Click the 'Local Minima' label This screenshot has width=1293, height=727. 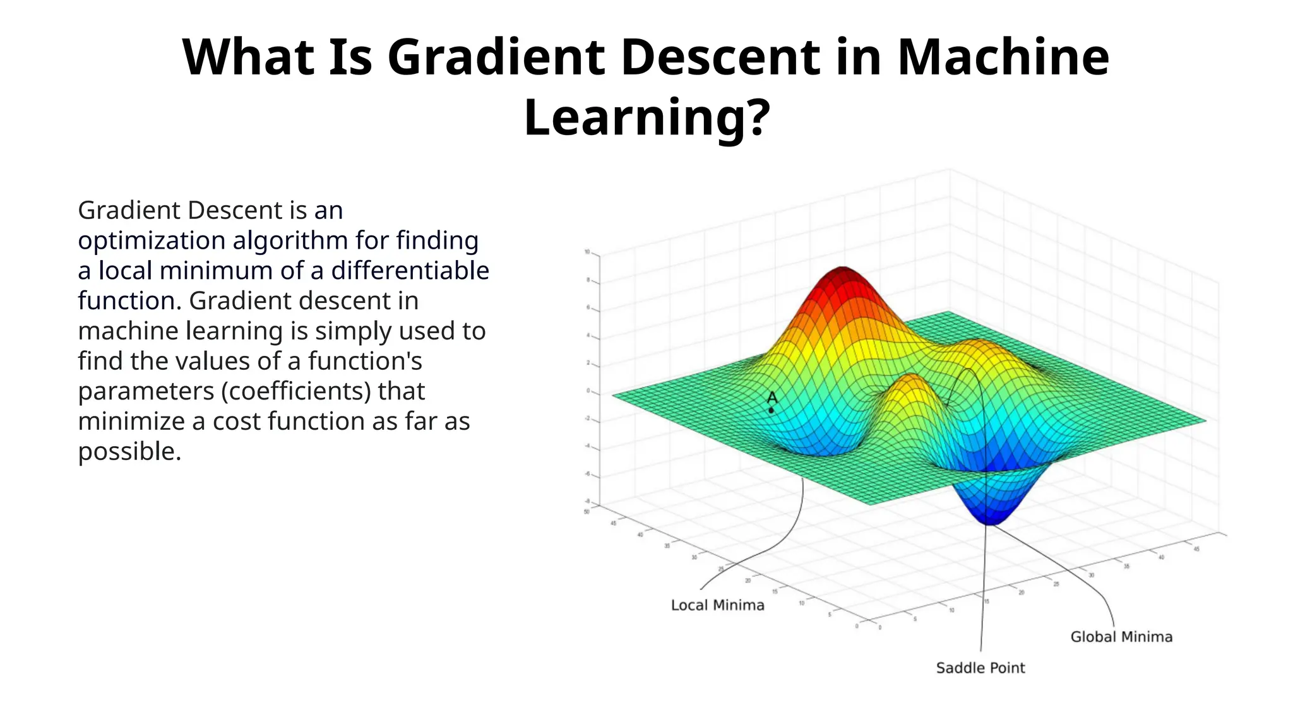pyautogui.click(x=717, y=605)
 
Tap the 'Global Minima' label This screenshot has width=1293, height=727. pyautogui.click(x=1121, y=637)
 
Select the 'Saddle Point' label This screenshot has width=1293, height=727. pyautogui.click(x=980, y=668)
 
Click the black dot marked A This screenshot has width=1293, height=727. pyautogui.click(x=771, y=410)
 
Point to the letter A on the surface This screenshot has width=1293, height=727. pyautogui.click(x=772, y=398)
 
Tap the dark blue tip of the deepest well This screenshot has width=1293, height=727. pyautogui.click(x=990, y=520)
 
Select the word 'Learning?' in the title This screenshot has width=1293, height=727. pyautogui.click(x=646, y=117)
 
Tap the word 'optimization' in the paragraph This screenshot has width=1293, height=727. pyautogui.click(x=151, y=240)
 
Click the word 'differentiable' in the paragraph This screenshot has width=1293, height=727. pyautogui.click(x=410, y=271)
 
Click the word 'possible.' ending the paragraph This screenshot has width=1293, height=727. pyautogui.click(x=129, y=451)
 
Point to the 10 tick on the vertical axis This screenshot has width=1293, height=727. pyautogui.click(x=587, y=252)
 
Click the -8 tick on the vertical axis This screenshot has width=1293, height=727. pyautogui.click(x=587, y=502)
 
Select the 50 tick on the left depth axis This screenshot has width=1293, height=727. pyautogui.click(x=587, y=512)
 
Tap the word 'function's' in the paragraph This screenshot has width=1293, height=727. pyautogui.click(x=365, y=361)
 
